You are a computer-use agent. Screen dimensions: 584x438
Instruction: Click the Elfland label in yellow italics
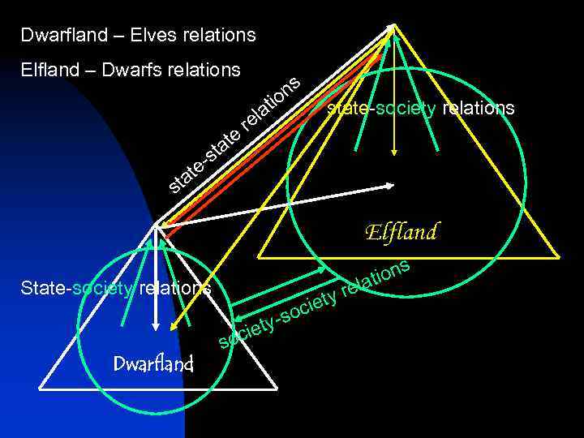tap(401, 233)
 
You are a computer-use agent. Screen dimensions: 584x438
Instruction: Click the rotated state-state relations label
tap(235, 135)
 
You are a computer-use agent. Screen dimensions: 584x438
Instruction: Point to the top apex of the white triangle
tap(154, 225)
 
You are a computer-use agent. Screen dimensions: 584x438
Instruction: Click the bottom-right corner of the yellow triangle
tap(559, 257)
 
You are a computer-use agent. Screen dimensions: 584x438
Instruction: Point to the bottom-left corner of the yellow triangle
tap(259, 257)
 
